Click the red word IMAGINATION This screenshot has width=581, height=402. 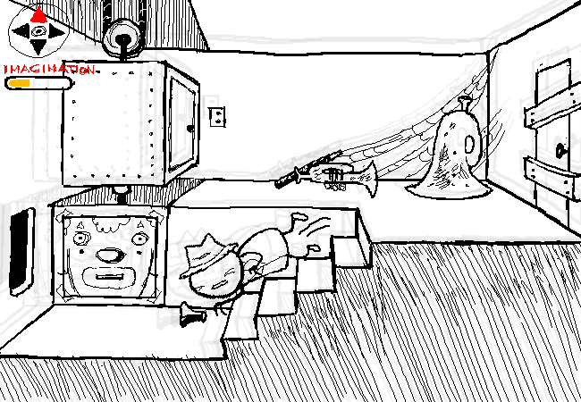(48, 68)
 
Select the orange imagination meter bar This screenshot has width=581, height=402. (19, 83)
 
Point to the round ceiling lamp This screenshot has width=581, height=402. (122, 37)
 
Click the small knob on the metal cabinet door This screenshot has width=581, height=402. (189, 126)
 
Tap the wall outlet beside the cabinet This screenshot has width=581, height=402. (216, 116)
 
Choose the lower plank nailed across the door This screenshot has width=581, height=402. (546, 174)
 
